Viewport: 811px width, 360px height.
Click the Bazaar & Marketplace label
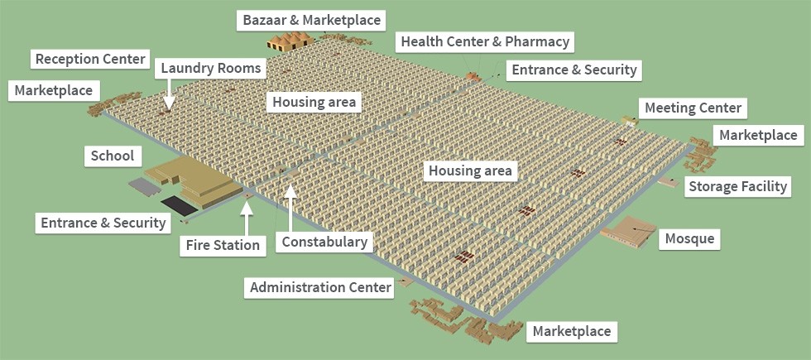[x=311, y=18]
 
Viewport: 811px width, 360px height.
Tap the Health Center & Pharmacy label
[x=484, y=41]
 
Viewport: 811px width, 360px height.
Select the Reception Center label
[x=90, y=60]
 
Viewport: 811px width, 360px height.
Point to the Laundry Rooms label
[x=210, y=68]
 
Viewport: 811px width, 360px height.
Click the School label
[x=113, y=156]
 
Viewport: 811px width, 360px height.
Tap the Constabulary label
[x=324, y=242]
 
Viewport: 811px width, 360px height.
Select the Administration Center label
[x=319, y=287]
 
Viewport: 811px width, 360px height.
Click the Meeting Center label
[x=693, y=108]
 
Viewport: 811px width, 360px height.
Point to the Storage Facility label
[x=737, y=186]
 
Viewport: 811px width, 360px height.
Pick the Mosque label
[x=689, y=240]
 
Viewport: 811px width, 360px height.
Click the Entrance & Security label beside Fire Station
[x=103, y=222]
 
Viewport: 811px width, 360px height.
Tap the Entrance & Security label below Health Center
[x=574, y=70]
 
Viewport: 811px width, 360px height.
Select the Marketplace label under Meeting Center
[x=758, y=135]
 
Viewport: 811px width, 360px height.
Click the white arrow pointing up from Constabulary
[x=290, y=207]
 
